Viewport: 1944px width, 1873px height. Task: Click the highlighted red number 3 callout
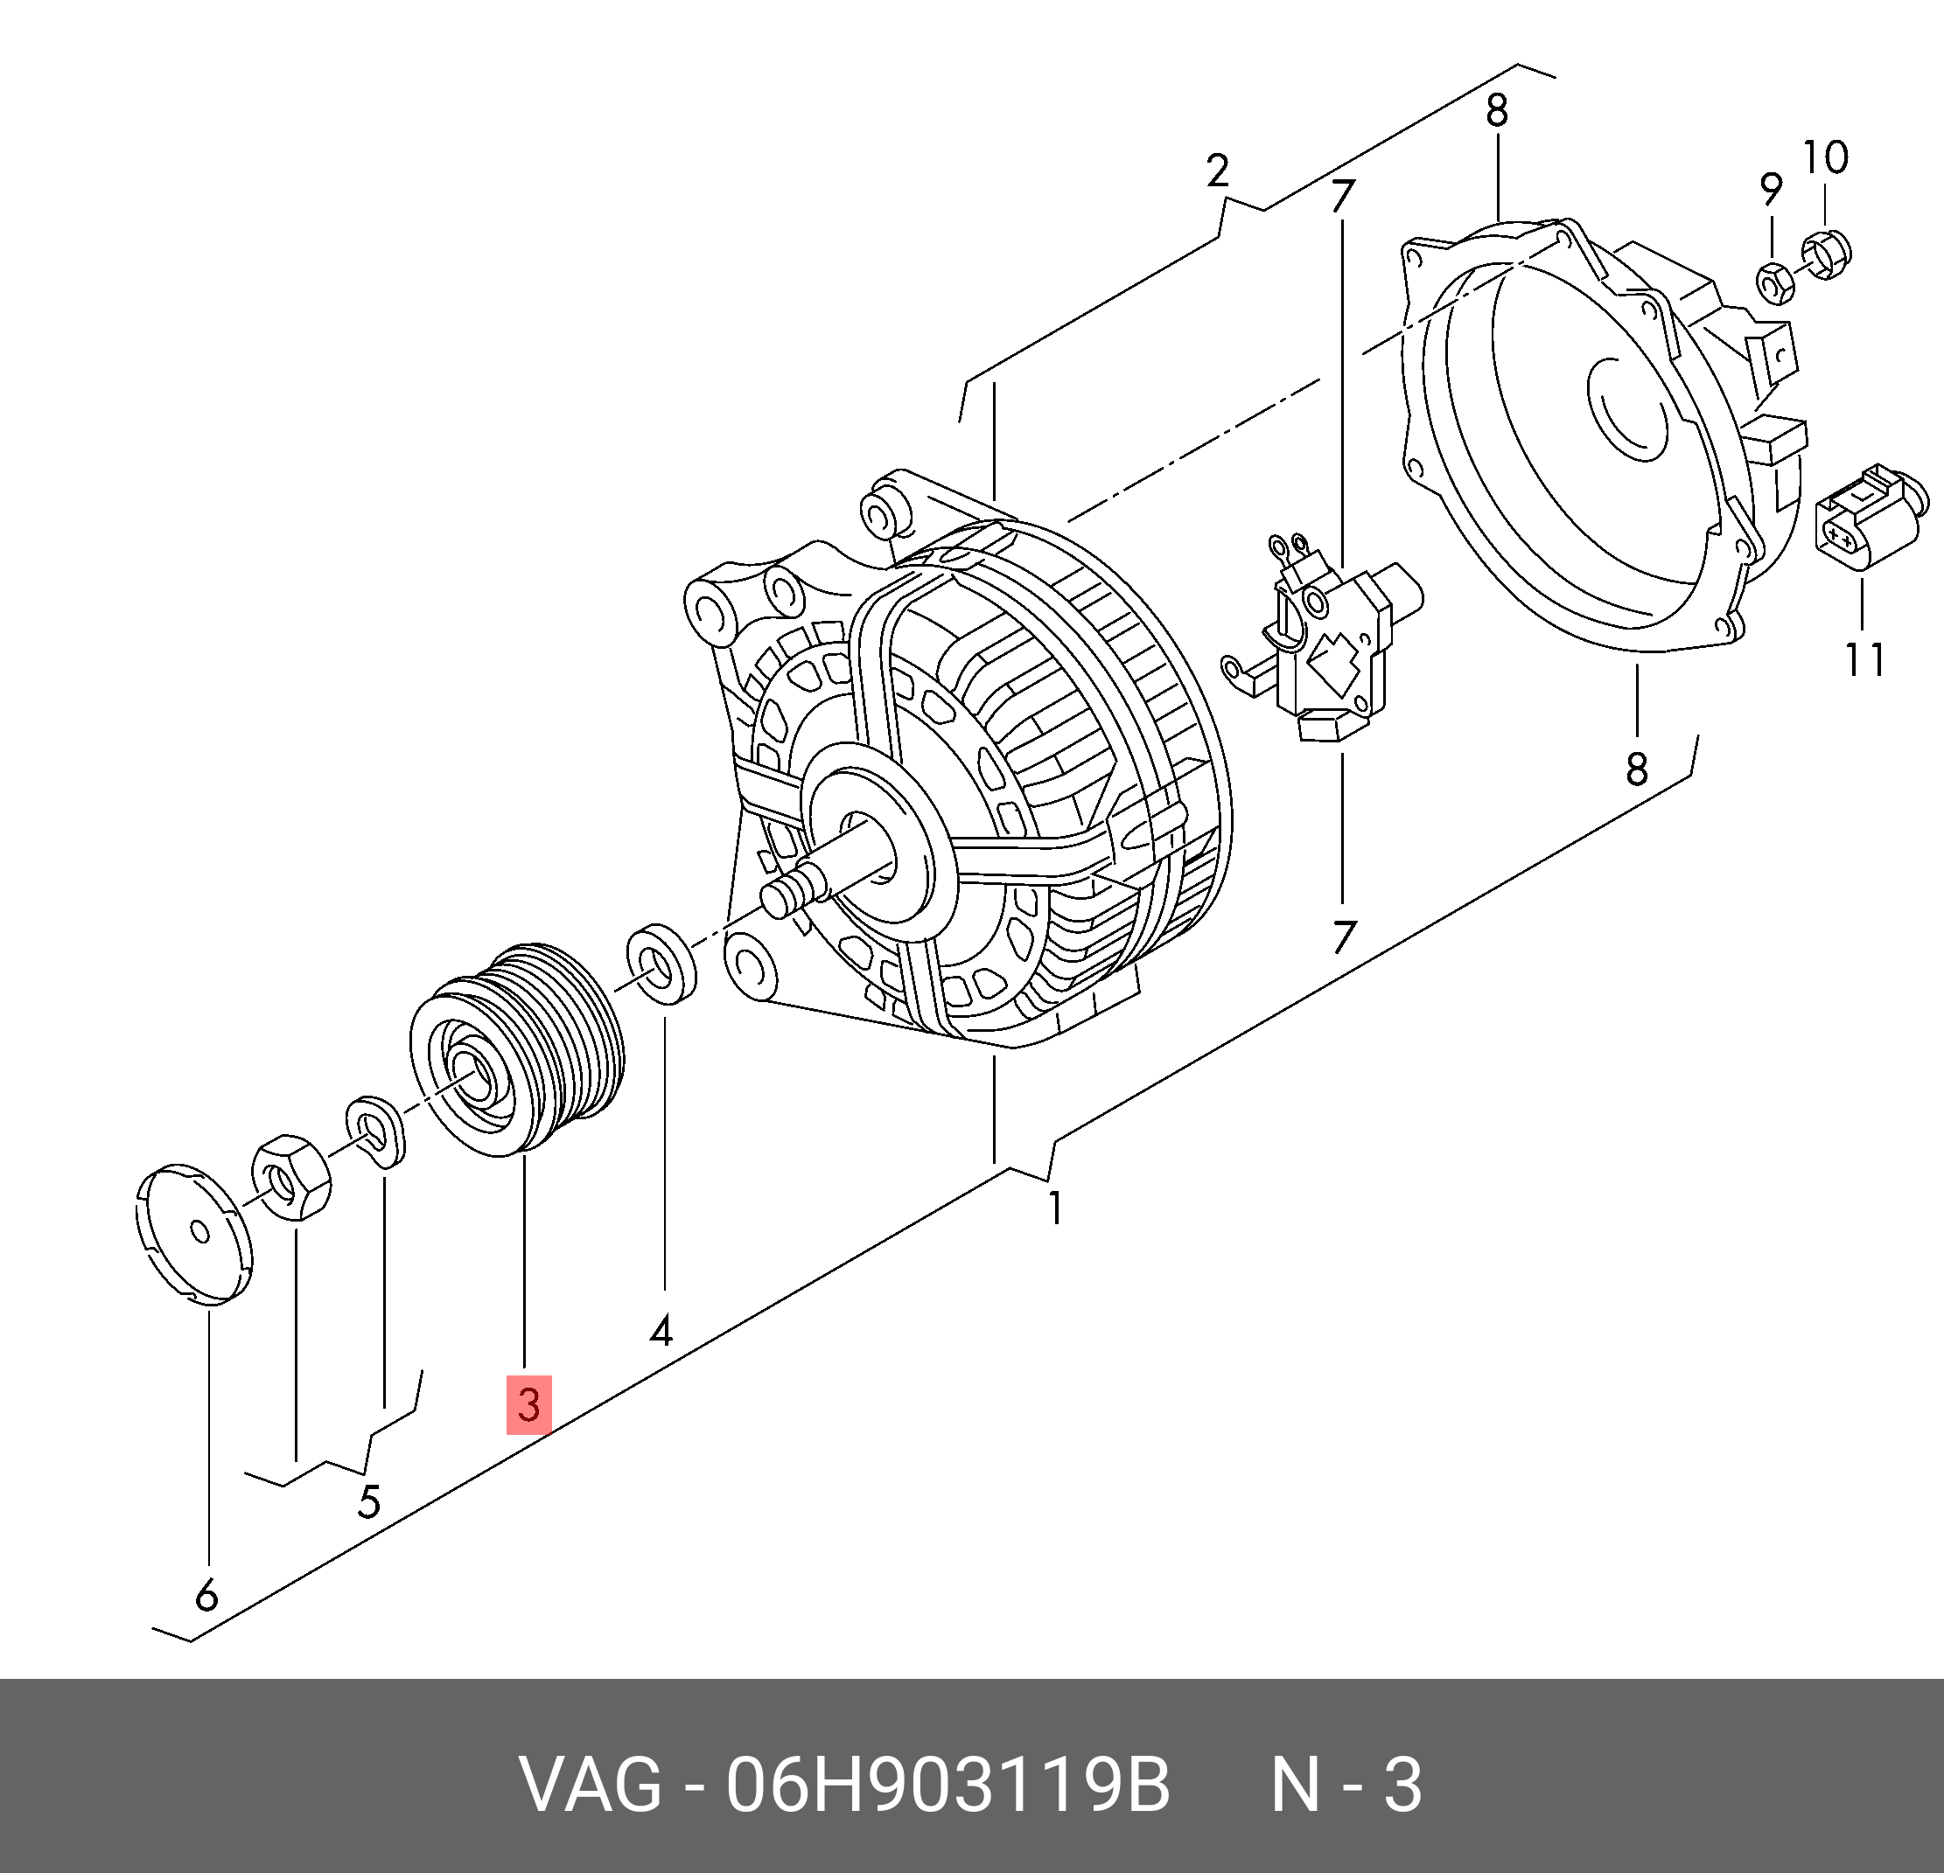pos(528,1404)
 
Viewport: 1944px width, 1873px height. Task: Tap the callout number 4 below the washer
pos(661,1331)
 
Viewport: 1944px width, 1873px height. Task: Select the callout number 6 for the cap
pos(206,1595)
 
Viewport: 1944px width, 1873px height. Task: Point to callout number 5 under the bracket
pos(369,1502)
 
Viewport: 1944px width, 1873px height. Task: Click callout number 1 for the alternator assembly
pos(1056,1208)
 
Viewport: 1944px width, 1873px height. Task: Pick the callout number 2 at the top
pos(1218,171)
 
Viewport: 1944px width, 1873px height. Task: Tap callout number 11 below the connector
pos(1864,658)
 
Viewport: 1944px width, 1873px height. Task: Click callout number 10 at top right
pos(1825,157)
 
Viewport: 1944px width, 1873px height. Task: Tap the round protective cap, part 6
pos(194,1234)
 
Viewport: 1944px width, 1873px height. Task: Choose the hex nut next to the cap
pos(291,1178)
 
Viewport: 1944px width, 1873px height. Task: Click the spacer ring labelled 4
pos(661,964)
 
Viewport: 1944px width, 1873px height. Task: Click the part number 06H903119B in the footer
pos(948,1786)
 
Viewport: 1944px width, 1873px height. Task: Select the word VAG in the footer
pos(591,1786)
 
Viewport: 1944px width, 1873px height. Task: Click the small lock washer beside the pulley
pos(376,1131)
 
